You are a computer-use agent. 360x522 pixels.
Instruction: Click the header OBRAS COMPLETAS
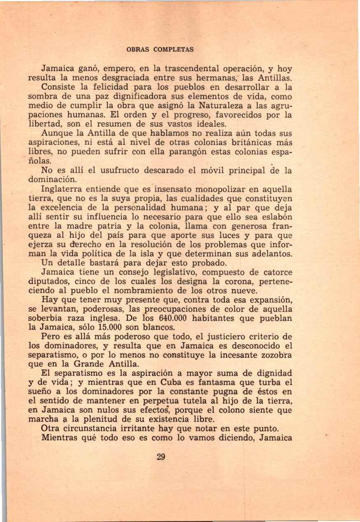(160, 49)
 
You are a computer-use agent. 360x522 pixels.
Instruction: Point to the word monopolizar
(219, 190)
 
